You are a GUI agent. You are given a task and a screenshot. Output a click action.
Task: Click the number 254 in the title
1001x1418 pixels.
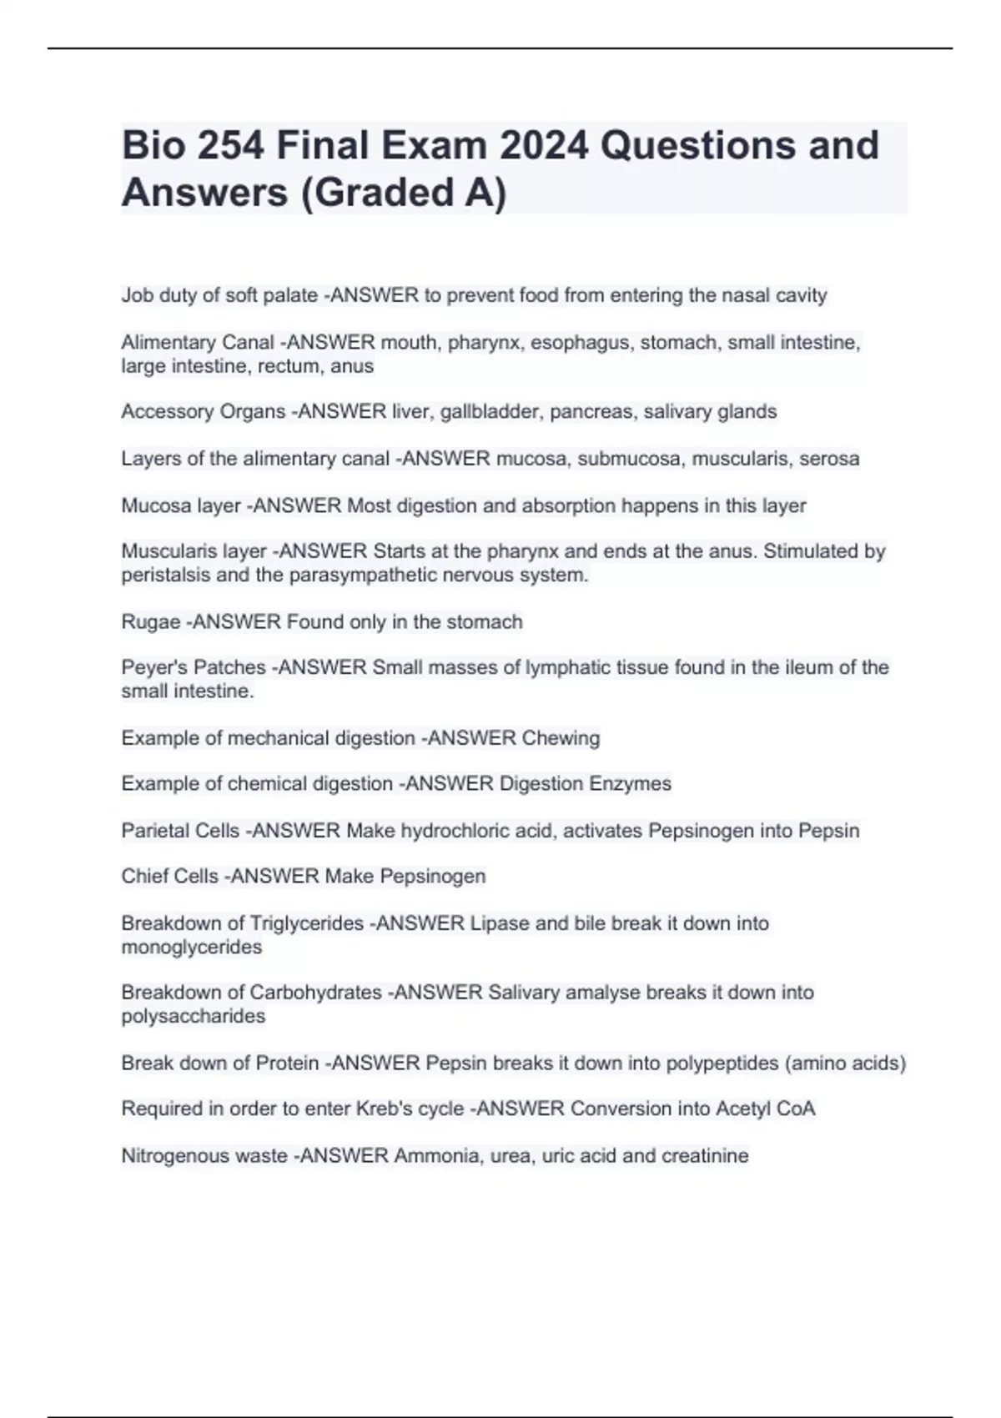[x=231, y=146]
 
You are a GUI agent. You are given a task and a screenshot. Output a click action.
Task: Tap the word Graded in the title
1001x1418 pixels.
[x=375, y=193]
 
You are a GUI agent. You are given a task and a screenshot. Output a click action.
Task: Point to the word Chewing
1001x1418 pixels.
[x=561, y=738]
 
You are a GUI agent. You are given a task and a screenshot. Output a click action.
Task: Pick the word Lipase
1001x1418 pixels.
[x=500, y=923]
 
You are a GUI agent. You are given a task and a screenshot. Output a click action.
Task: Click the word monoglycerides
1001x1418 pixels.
[x=192, y=948]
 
